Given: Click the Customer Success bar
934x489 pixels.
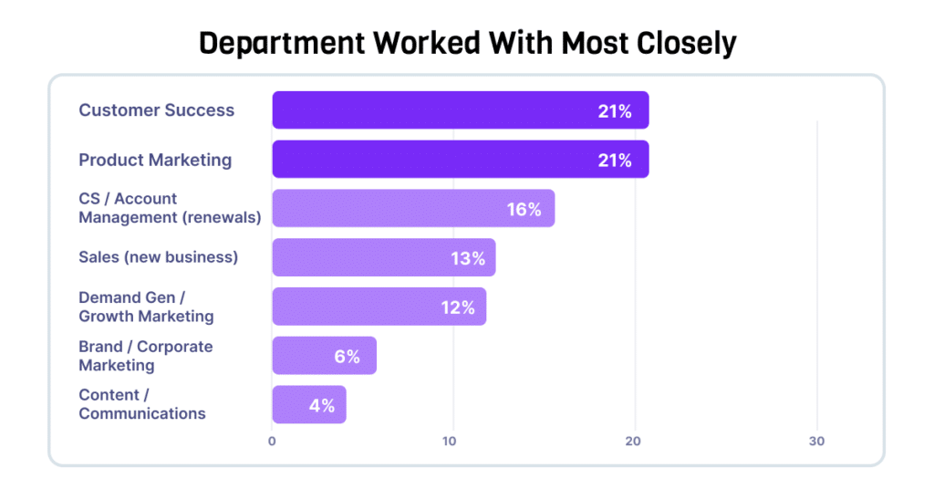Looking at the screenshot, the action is (461, 110).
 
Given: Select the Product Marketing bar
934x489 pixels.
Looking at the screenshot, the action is (461, 159).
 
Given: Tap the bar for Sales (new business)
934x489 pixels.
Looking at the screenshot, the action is (384, 257).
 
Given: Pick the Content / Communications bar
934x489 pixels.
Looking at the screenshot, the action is (309, 404).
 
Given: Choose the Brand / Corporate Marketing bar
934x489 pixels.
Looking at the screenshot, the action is (325, 356).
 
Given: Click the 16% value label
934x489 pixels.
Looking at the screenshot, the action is (524, 209).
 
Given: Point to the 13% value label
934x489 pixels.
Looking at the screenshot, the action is (468, 258).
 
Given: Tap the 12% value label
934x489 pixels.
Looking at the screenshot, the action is (458, 307).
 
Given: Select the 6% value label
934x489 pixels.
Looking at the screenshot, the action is (348, 356).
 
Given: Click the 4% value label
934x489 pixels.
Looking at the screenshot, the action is (322, 406).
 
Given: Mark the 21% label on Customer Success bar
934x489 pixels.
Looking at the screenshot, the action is (615, 111).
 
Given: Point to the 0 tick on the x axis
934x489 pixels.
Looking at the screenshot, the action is (272, 442).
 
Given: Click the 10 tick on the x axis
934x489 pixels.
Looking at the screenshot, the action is (449, 442).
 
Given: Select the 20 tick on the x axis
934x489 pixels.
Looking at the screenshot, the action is (633, 442).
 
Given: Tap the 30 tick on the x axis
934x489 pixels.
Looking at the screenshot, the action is (816, 442).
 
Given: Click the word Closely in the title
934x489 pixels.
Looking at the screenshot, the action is (687, 44).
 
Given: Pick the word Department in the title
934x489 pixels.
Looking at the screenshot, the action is (282, 44).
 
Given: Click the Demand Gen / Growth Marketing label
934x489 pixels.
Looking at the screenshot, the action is (147, 307).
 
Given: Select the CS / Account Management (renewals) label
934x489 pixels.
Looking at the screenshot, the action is (170, 208).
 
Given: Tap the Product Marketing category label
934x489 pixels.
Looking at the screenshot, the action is (155, 160).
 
